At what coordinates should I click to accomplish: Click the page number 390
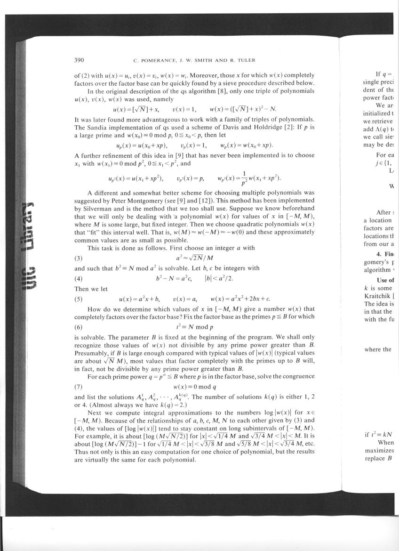pyautogui.click(x=79, y=60)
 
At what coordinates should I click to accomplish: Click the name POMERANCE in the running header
pyautogui.click(x=154, y=60)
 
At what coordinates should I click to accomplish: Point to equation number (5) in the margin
pyautogui.click(x=79, y=299)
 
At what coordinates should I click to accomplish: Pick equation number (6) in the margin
pyautogui.click(x=79, y=326)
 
